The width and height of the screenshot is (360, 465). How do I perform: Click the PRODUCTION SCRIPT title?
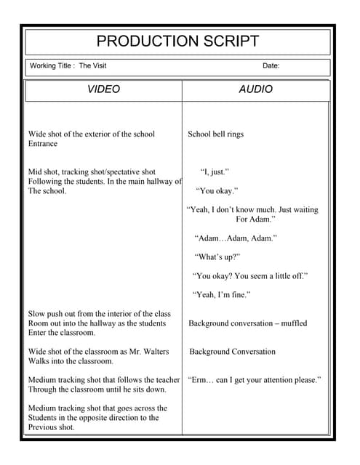[177, 41]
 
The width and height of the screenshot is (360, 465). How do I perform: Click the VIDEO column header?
[103, 89]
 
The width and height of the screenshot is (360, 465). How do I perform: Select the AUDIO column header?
[255, 89]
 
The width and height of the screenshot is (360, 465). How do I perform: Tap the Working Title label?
[51, 66]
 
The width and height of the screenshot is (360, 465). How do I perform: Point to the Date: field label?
[271, 66]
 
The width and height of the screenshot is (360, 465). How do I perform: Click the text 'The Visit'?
[92, 66]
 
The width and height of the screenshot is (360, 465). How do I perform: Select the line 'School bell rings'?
[216, 134]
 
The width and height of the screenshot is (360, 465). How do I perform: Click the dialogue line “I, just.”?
[215, 172]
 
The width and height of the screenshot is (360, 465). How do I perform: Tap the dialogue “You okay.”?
[217, 191]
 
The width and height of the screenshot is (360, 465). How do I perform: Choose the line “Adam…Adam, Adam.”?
[236, 238]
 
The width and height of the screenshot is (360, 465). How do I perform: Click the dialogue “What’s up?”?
[217, 257]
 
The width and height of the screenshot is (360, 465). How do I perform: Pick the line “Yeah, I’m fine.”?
[222, 295]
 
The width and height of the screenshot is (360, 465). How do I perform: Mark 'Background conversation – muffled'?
[247, 323]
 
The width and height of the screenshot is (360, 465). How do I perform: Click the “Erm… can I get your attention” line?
[254, 380]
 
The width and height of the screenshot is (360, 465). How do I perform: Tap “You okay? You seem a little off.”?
[250, 276]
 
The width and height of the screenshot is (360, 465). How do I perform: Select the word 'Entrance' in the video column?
[43, 144]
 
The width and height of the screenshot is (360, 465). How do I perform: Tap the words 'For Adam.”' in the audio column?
[256, 219]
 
